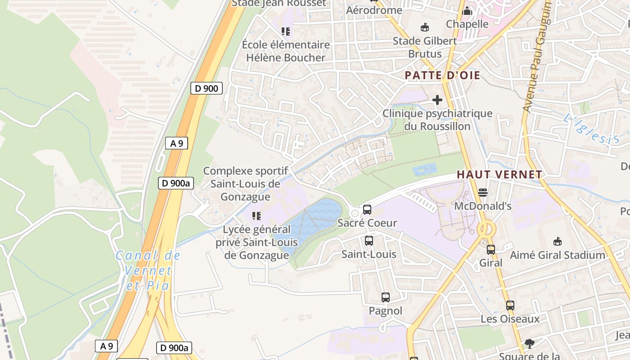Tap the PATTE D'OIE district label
[443, 75]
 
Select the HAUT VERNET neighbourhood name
[499, 174]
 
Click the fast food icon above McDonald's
[483, 193]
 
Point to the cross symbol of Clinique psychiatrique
[437, 99]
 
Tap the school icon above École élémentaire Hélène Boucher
[286, 31]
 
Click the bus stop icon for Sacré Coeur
[367, 209]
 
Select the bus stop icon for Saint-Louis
[369, 241]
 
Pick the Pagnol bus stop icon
[386, 297]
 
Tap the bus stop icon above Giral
[491, 249]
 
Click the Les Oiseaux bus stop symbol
[510, 306]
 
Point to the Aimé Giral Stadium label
[558, 255]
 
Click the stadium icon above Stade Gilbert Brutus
[424, 27]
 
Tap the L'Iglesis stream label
[591, 130]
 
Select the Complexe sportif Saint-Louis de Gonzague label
[245, 184]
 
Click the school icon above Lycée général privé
[256, 216]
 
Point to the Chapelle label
[467, 24]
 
